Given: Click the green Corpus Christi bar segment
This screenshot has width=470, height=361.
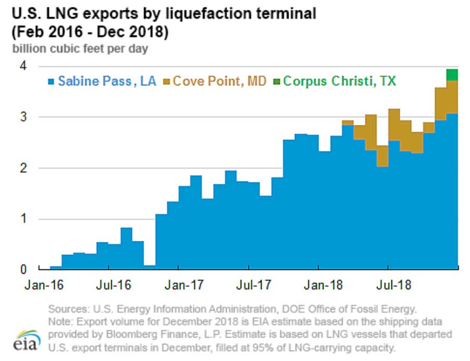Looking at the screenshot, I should click(x=452, y=75).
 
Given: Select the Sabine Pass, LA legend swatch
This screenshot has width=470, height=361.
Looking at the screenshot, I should click(x=51, y=81).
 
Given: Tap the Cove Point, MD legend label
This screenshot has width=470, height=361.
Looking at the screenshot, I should click(x=220, y=81).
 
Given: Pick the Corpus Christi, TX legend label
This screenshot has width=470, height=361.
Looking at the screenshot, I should click(x=339, y=81).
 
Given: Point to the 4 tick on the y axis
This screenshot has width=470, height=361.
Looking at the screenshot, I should click(x=24, y=66).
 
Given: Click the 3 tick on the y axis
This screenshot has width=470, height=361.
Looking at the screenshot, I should click(x=24, y=117).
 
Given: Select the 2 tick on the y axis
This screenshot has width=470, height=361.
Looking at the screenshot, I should click(x=24, y=168).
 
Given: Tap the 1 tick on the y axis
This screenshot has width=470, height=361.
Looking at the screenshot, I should click(x=24, y=219).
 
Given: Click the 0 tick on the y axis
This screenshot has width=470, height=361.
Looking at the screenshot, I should click(x=24, y=270).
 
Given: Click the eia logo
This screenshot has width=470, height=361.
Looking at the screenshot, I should click(x=25, y=340).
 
